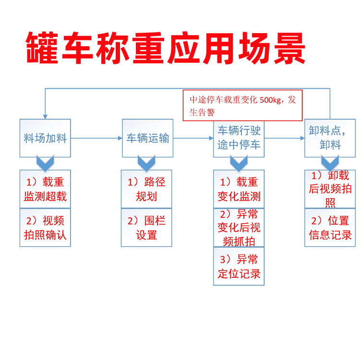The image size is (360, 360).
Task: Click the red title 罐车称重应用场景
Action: click(165, 48)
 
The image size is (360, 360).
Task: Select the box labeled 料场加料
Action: click(45, 138)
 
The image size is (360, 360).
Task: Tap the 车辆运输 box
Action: click(147, 138)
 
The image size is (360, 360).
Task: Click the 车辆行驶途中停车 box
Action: click(239, 138)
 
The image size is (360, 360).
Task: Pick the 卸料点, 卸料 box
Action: click(330, 138)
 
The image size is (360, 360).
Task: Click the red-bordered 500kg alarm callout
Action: click(242, 106)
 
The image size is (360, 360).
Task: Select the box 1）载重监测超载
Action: click(45, 189)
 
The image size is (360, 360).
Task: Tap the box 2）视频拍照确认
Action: click(45, 228)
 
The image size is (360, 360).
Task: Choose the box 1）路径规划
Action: click(146, 189)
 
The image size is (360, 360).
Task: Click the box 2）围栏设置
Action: click(146, 228)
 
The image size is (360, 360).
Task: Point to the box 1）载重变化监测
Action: click(239, 189)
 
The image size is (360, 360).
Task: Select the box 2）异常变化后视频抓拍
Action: click(239, 228)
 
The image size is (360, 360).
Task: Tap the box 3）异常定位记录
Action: click(239, 266)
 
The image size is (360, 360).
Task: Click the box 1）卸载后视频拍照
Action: click(330, 189)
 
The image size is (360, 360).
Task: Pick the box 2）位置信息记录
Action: click(330, 228)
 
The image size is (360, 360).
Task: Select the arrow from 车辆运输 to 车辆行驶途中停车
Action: click(193, 138)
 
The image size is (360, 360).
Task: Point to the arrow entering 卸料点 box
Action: click(285, 138)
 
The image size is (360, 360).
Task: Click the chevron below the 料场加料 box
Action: click(45, 164)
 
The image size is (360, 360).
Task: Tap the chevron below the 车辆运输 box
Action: click(146, 164)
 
